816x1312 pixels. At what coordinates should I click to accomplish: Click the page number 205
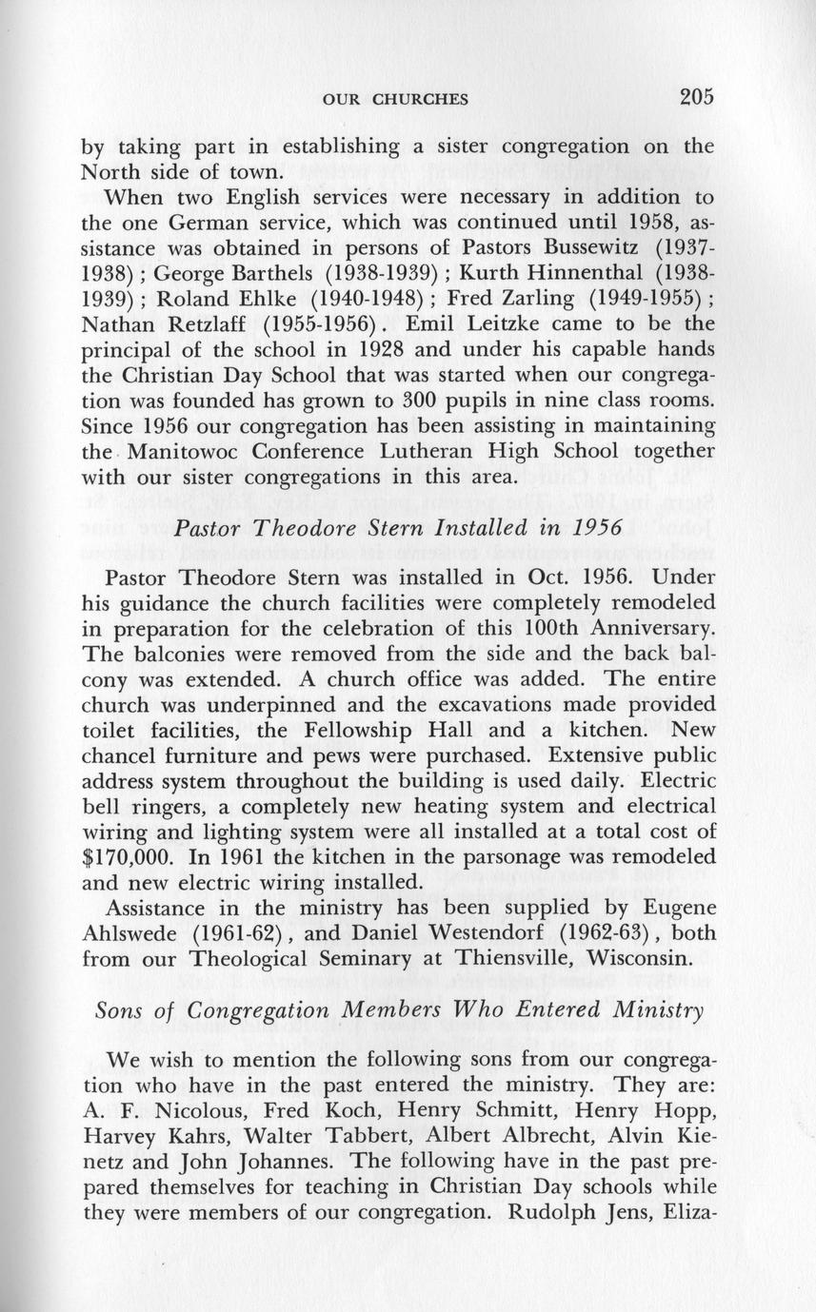click(697, 96)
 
